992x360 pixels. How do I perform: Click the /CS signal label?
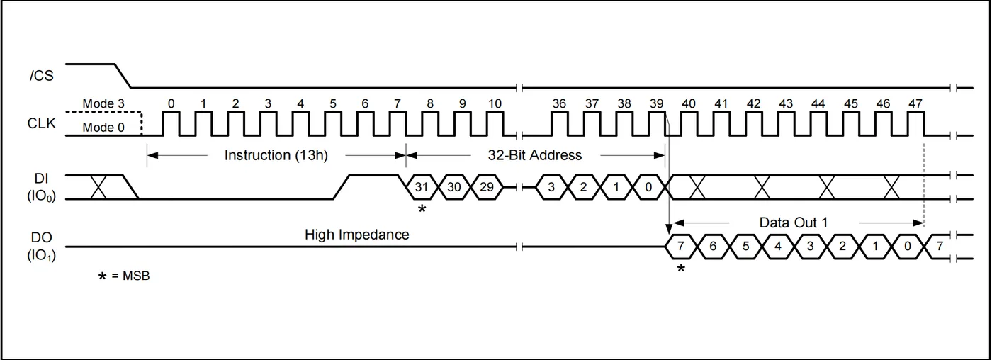[x=41, y=76]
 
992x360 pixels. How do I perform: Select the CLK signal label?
[x=42, y=123]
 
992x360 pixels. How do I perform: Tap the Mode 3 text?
[x=103, y=103]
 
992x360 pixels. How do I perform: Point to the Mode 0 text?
[x=103, y=128]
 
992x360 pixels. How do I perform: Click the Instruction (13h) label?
[x=276, y=155]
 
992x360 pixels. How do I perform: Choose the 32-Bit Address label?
[x=534, y=155]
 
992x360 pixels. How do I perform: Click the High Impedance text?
[x=356, y=235]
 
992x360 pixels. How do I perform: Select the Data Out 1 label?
[x=793, y=223]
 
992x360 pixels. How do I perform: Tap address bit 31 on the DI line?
[x=422, y=187]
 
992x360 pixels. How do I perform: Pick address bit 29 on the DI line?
[x=486, y=187]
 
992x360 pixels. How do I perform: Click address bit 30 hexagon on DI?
[x=454, y=187]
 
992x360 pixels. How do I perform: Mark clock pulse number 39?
[x=656, y=103]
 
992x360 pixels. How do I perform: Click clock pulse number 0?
[x=171, y=103]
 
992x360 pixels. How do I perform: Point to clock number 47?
[x=915, y=103]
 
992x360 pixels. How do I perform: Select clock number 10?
[x=495, y=103]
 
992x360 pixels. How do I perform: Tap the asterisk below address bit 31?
[x=422, y=208]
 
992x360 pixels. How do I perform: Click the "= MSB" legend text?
[x=130, y=276]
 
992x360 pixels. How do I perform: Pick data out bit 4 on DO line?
[x=778, y=246]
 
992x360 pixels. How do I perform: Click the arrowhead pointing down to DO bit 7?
[x=669, y=229]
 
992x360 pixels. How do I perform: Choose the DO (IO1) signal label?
[x=42, y=246]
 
